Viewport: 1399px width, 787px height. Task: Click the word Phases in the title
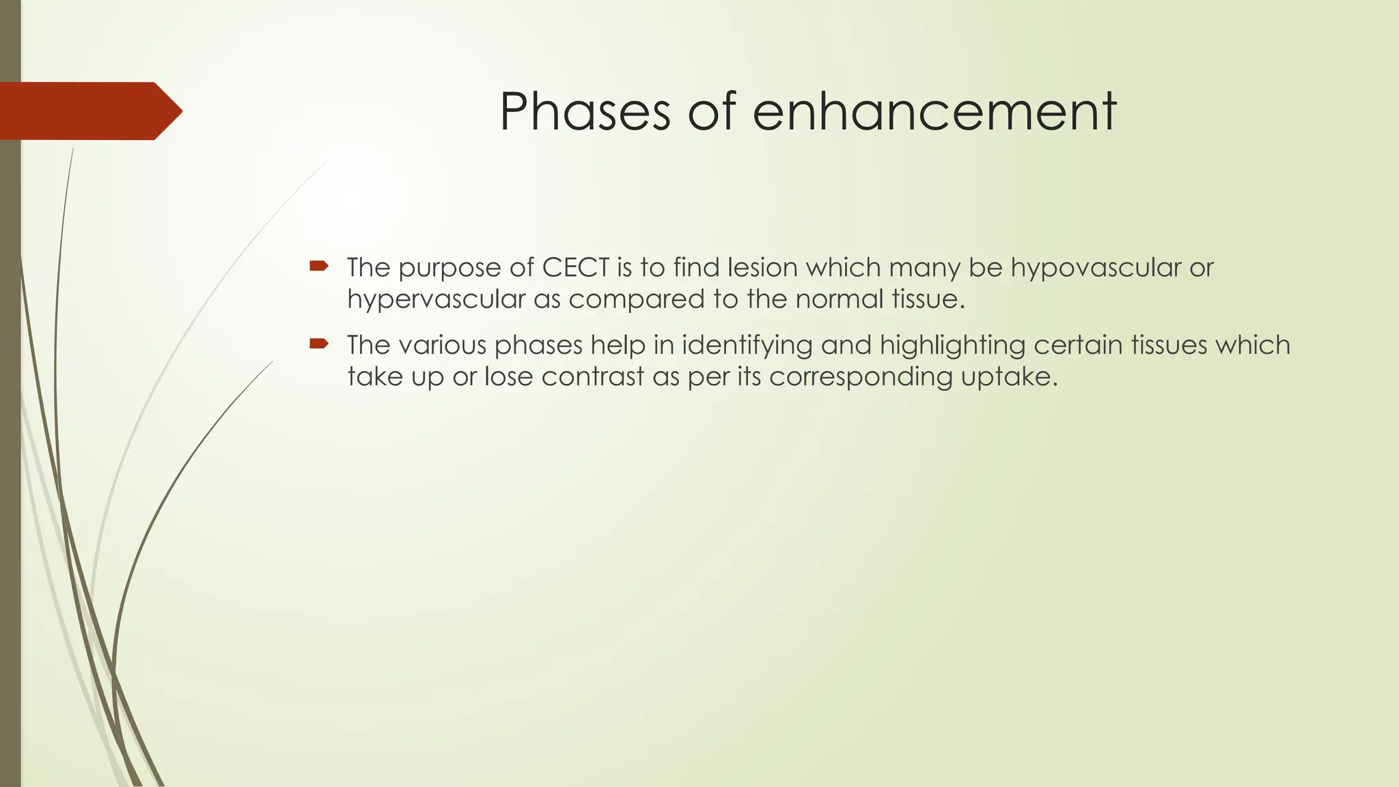pyautogui.click(x=585, y=111)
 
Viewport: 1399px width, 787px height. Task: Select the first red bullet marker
pyautogui.click(x=318, y=266)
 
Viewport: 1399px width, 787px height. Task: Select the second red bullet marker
pyautogui.click(x=318, y=344)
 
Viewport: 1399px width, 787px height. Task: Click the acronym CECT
pyautogui.click(x=575, y=267)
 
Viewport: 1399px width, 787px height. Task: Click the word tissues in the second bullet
pyautogui.click(x=1167, y=345)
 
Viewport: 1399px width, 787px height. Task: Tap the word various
pyautogui.click(x=442, y=345)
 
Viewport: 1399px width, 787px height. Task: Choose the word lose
pyautogui.click(x=508, y=376)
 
